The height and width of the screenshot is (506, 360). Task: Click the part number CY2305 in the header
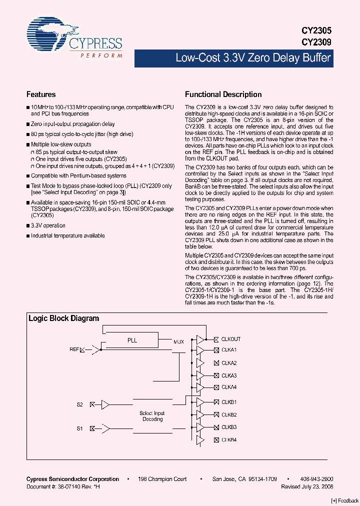coord(316,30)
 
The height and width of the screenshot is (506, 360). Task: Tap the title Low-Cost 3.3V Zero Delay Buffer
coord(253,58)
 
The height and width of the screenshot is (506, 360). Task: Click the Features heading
coord(41,94)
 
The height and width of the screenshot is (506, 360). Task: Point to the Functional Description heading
coord(223,94)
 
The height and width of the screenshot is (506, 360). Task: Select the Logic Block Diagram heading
coord(63,318)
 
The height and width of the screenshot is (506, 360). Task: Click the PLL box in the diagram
coord(132,340)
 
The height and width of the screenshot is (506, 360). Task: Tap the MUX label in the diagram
coord(178,342)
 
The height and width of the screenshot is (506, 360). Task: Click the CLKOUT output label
coord(231,339)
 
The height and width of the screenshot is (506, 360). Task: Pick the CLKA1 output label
coord(229,350)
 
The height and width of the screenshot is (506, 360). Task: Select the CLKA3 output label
coord(229,375)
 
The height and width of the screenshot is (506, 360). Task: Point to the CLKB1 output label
coord(229,402)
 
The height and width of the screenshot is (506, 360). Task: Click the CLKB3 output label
coord(229,427)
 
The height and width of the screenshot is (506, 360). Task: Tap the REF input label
coord(74,349)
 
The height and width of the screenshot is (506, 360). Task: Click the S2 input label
coord(79,404)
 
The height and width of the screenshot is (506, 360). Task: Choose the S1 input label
coord(79,428)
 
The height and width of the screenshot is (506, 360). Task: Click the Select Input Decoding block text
coord(152,416)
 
